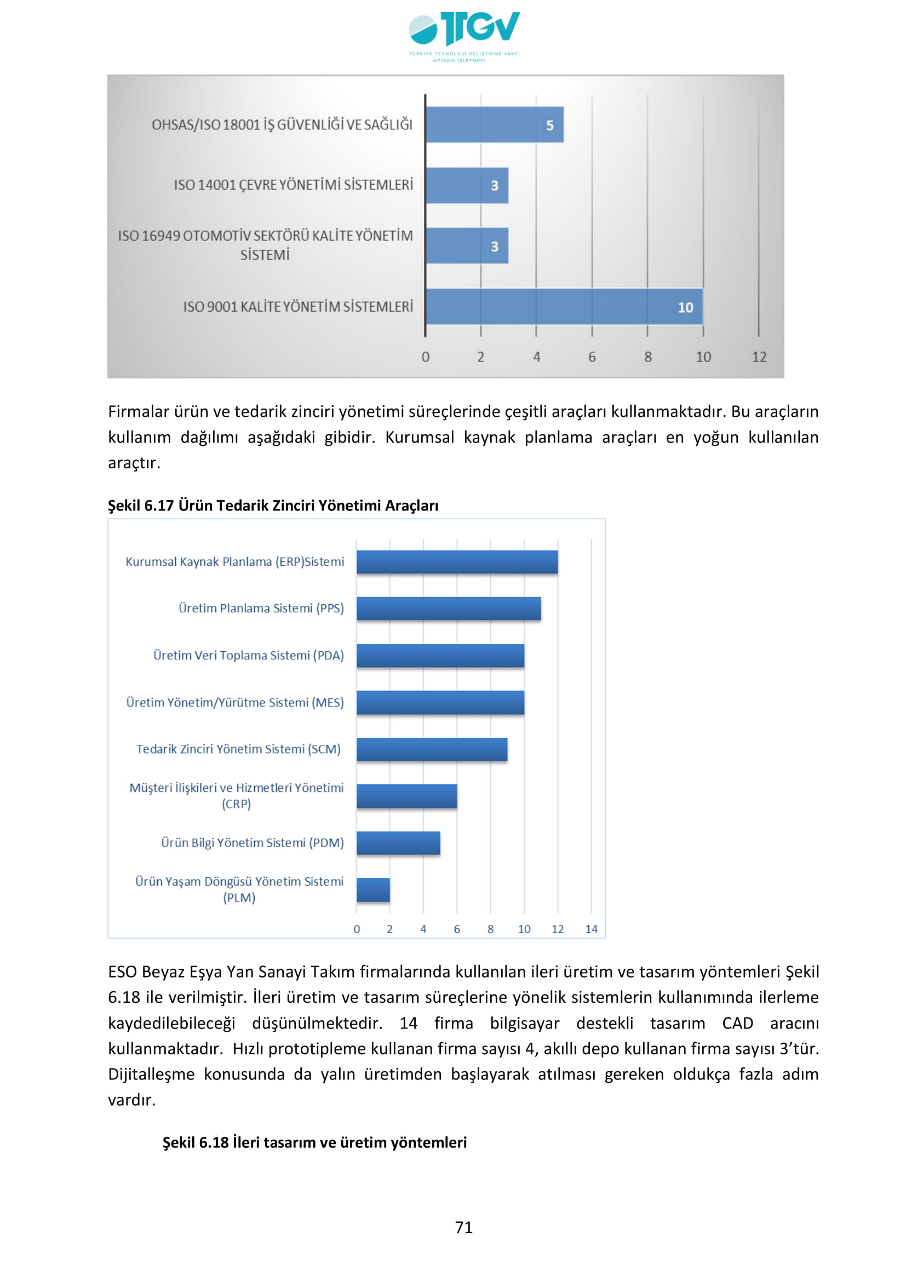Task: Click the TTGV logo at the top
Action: (464, 35)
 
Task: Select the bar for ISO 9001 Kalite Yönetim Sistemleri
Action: (564, 306)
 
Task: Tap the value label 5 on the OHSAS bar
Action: (549, 125)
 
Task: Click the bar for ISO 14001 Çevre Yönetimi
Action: (466, 185)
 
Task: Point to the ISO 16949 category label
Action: (265, 245)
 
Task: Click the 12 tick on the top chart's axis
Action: (759, 357)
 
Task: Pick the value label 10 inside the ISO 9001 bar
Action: (685, 307)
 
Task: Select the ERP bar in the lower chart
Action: (457, 562)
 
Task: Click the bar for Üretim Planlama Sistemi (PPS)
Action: (449, 608)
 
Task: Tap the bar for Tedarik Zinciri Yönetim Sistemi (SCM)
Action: (432, 749)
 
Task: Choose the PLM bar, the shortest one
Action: (373, 890)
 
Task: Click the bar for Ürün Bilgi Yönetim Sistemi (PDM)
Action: (398, 843)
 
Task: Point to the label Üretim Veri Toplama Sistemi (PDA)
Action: (248, 655)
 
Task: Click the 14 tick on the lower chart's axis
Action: (592, 929)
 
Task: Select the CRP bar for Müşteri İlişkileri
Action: (406, 796)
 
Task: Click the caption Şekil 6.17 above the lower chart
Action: (273, 505)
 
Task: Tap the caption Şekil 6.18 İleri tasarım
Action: (314, 1142)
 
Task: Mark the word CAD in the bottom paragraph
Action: (737, 1023)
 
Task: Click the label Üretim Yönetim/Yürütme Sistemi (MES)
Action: (235, 703)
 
